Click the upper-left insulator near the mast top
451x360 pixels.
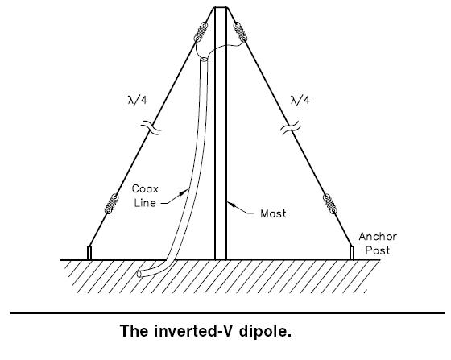[x=201, y=31]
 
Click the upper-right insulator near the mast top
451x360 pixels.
[x=240, y=31]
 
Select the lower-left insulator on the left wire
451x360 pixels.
[x=111, y=204]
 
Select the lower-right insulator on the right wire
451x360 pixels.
[x=329, y=204]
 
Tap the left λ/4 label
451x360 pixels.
[x=138, y=101]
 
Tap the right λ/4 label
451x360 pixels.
[x=300, y=101]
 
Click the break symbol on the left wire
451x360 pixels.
[x=151, y=128]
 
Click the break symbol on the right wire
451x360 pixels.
[x=291, y=128]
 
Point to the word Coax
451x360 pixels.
[x=145, y=189]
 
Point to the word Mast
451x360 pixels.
[x=273, y=213]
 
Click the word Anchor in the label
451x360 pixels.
[x=378, y=237]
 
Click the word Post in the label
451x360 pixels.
[x=378, y=250]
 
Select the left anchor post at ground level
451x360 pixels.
[x=89, y=253]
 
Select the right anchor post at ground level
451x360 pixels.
[x=351, y=253]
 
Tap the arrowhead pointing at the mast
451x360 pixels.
[x=232, y=205]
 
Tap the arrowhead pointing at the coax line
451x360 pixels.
[x=184, y=192]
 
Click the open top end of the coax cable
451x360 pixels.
[x=203, y=60]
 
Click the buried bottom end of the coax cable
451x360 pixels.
[x=139, y=275]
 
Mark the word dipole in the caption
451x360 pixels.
[x=266, y=331]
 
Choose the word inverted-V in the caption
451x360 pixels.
[x=195, y=331]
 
